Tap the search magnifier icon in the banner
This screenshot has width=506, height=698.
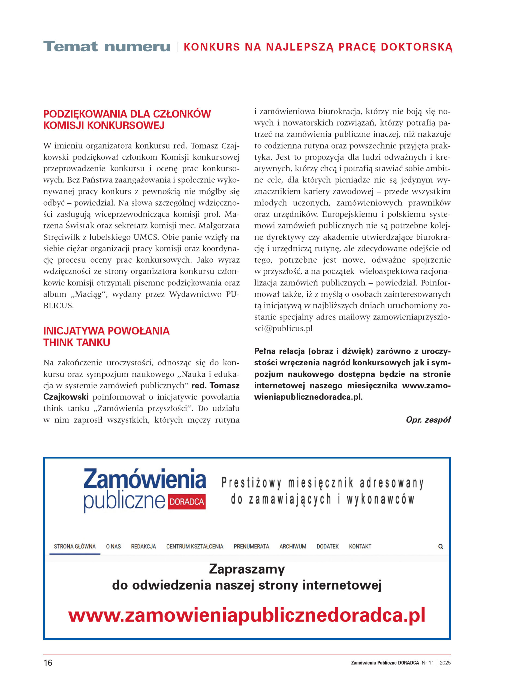point(441,547)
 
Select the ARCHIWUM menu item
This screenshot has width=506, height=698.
point(293,547)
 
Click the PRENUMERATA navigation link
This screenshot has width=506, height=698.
point(251,547)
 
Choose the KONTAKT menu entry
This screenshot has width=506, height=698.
point(360,547)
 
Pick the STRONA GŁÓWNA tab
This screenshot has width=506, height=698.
point(75,547)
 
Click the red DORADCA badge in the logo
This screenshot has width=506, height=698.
point(187,502)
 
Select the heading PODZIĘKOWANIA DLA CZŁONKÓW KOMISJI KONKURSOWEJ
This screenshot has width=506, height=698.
point(127,120)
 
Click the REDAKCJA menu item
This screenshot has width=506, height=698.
point(143,547)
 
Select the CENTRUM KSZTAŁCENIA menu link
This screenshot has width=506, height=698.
point(195,547)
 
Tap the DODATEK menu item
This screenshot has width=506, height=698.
point(327,547)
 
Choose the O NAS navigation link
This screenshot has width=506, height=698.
point(113,547)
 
